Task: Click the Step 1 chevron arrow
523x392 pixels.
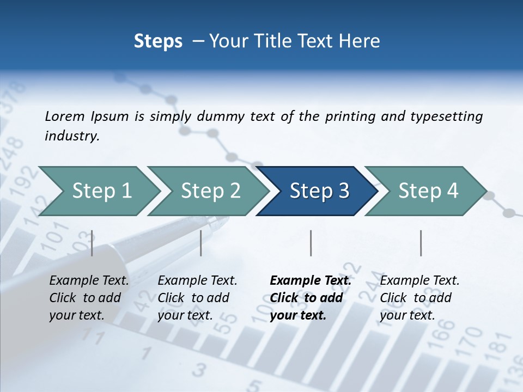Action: pyautogui.click(x=101, y=191)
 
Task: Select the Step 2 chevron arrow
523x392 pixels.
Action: pyautogui.click(x=210, y=191)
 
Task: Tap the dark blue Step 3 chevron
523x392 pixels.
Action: pyautogui.click(x=319, y=191)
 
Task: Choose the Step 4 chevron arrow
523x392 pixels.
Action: pyautogui.click(x=428, y=191)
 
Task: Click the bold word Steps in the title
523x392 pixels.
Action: pyautogui.click(x=158, y=41)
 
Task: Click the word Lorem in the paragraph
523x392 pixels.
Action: pyautogui.click(x=64, y=117)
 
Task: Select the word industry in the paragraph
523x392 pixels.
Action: pyautogui.click(x=71, y=136)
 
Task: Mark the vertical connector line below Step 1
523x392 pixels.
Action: pyautogui.click(x=92, y=243)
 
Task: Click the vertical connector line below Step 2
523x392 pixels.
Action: pyautogui.click(x=201, y=243)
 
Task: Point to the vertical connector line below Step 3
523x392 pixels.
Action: pyautogui.click(x=311, y=243)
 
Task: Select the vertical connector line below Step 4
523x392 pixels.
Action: pyautogui.click(x=421, y=243)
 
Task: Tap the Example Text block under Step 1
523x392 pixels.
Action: pyautogui.click(x=89, y=298)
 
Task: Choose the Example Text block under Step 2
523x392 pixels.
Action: pyautogui.click(x=197, y=298)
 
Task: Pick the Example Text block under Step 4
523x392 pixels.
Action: pyautogui.click(x=419, y=298)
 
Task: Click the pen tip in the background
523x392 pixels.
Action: pyautogui.click(x=223, y=220)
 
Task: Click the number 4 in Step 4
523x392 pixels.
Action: pyautogui.click(x=452, y=191)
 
